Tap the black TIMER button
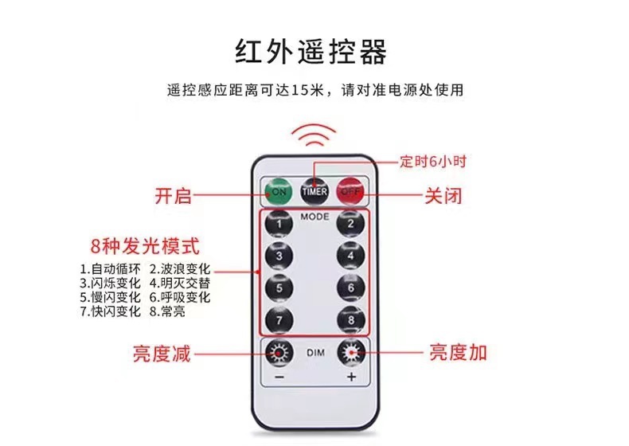click(x=314, y=191)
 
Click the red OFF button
click(x=350, y=191)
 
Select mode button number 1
click(x=279, y=224)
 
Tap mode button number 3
click(x=279, y=256)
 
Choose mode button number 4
click(x=350, y=256)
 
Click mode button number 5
click(x=279, y=288)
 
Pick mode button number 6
click(x=350, y=288)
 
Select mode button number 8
click(x=351, y=320)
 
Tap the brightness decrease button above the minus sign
click(x=279, y=353)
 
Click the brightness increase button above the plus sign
click(x=351, y=353)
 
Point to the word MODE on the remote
click(x=315, y=217)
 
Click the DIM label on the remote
click(x=315, y=353)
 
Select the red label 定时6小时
click(x=433, y=162)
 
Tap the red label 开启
click(x=173, y=196)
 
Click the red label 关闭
click(x=443, y=196)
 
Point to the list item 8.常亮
click(x=167, y=311)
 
